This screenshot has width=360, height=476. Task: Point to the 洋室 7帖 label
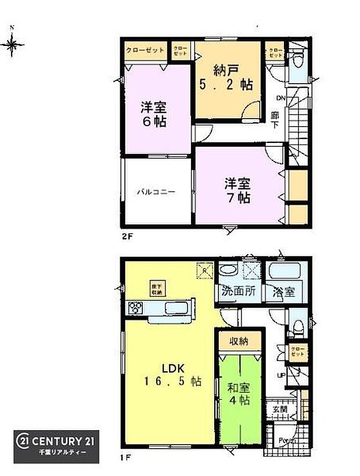click(238, 191)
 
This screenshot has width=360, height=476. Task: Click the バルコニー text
click(156, 191)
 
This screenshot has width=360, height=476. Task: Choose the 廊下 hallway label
click(275, 120)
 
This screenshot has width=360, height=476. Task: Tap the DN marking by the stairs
click(280, 97)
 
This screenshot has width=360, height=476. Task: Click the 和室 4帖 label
click(239, 393)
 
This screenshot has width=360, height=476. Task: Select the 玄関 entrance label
click(280, 409)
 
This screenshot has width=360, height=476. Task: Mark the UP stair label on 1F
click(280, 375)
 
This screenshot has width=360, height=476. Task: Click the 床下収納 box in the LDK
click(156, 288)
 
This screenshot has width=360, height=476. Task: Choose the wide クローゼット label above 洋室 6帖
click(145, 51)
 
